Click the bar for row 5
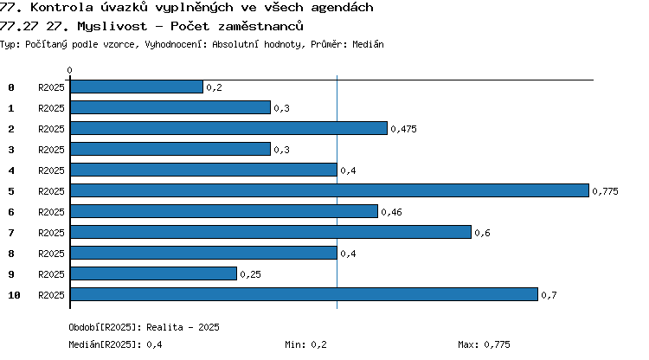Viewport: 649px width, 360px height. click(330, 190)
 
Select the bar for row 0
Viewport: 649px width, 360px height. click(137, 87)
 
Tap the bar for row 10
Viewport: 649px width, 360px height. click(305, 294)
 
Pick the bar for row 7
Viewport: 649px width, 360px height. click(271, 232)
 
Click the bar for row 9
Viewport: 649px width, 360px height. click(153, 273)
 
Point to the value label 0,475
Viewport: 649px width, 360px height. click(403, 129)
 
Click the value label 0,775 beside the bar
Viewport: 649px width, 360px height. click(605, 191)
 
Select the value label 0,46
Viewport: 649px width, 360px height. click(391, 212)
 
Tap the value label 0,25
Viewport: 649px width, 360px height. click(250, 274)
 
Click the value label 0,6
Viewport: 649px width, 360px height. click(482, 233)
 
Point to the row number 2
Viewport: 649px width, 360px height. click(11, 129)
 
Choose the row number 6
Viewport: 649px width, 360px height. click(11, 212)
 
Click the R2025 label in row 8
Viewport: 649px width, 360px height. click(51, 254)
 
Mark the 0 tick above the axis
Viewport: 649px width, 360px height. click(69, 70)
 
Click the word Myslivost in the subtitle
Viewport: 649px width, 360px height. click(112, 26)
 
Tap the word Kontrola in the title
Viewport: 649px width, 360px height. click(61, 7)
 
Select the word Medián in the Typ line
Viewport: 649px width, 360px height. click(368, 44)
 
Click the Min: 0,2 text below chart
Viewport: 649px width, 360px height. click(305, 344)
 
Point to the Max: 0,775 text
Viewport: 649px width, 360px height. click(484, 344)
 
